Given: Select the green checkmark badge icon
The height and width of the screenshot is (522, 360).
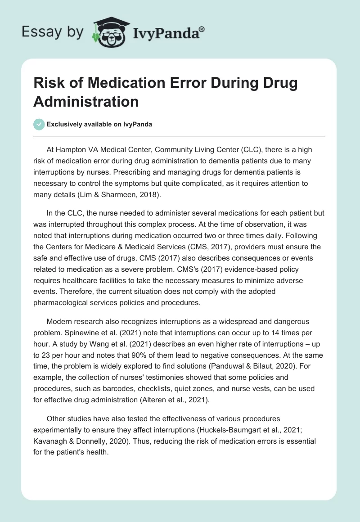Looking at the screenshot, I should [39, 124].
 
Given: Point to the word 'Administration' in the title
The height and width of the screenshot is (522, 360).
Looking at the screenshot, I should [86, 102].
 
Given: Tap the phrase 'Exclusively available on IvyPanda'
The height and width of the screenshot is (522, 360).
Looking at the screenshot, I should [99, 124].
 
